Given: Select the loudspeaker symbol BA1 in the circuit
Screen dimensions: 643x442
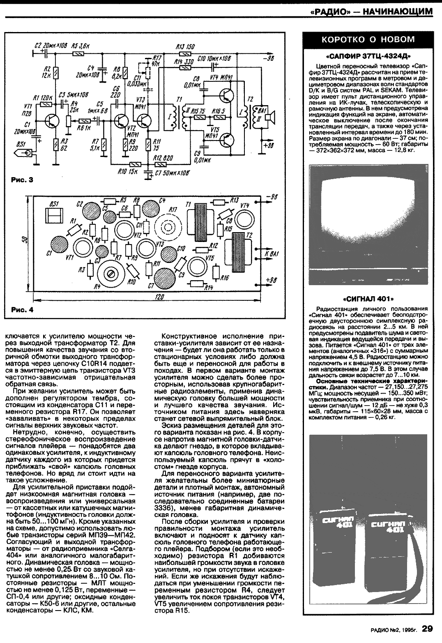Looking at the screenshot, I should tap(267, 117).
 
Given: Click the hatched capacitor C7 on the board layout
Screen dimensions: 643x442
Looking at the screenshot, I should tap(166, 279).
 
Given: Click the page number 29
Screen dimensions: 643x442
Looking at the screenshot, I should tap(427, 629).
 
